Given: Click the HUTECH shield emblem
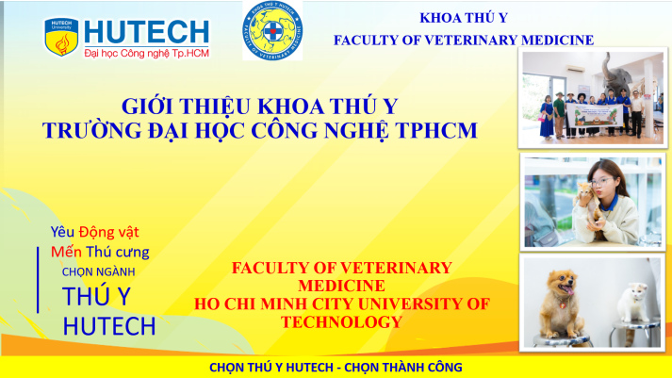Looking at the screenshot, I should (61, 35).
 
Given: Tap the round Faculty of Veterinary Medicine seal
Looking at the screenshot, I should (272, 30).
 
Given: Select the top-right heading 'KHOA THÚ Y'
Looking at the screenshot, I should (463, 18).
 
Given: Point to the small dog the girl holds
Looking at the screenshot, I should (584, 198).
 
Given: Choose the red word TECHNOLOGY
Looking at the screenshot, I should (341, 321).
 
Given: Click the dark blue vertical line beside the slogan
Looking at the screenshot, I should (38, 279).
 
